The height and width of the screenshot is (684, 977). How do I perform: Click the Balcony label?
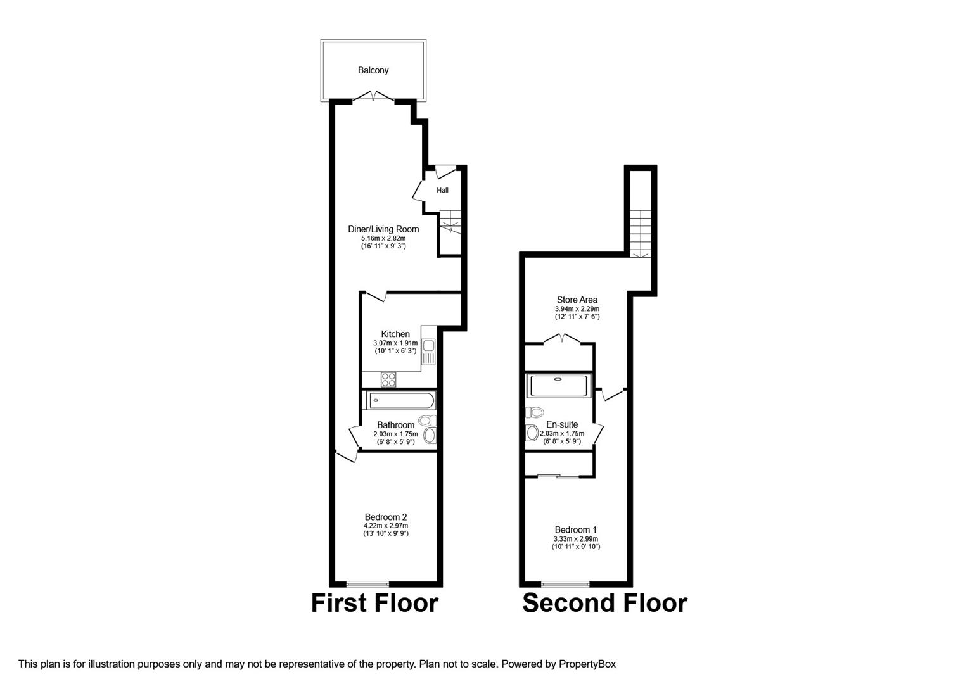(x=373, y=70)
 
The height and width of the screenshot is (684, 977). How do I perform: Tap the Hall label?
(x=442, y=190)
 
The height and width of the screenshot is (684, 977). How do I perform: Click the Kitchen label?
(x=395, y=334)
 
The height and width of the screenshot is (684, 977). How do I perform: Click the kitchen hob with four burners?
(x=388, y=379)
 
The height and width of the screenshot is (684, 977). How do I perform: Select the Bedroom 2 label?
(x=385, y=517)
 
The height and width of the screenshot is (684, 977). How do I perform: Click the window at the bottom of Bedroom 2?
(x=367, y=583)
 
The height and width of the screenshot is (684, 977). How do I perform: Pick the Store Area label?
(x=577, y=300)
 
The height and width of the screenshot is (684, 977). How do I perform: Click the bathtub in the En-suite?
(x=559, y=386)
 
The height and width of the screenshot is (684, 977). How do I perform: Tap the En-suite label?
(x=562, y=424)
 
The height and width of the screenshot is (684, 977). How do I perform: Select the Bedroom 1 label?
(x=575, y=529)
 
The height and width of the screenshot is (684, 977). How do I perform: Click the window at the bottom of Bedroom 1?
(x=565, y=583)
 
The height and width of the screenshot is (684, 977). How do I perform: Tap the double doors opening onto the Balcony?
(x=373, y=97)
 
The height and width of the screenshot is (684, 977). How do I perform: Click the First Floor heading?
(x=374, y=603)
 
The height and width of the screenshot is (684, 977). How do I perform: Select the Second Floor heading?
(x=604, y=603)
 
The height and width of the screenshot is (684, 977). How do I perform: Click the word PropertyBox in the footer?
(x=587, y=664)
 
